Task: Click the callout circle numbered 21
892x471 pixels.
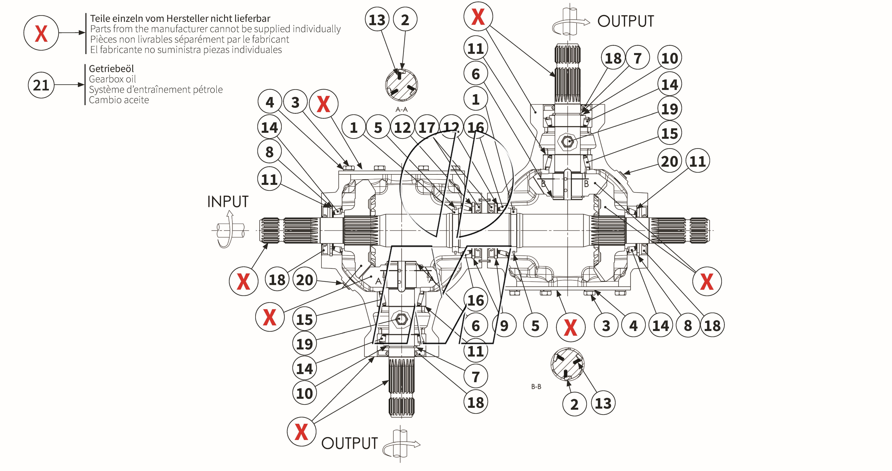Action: [41, 85]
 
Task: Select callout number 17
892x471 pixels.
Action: [427, 127]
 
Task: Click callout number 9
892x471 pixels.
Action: [504, 326]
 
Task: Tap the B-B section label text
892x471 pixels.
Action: [536, 387]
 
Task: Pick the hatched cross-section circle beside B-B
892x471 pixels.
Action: [567, 364]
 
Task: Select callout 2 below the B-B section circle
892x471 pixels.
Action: [574, 404]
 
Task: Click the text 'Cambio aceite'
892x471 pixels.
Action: [119, 100]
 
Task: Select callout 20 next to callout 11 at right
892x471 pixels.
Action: [669, 161]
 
